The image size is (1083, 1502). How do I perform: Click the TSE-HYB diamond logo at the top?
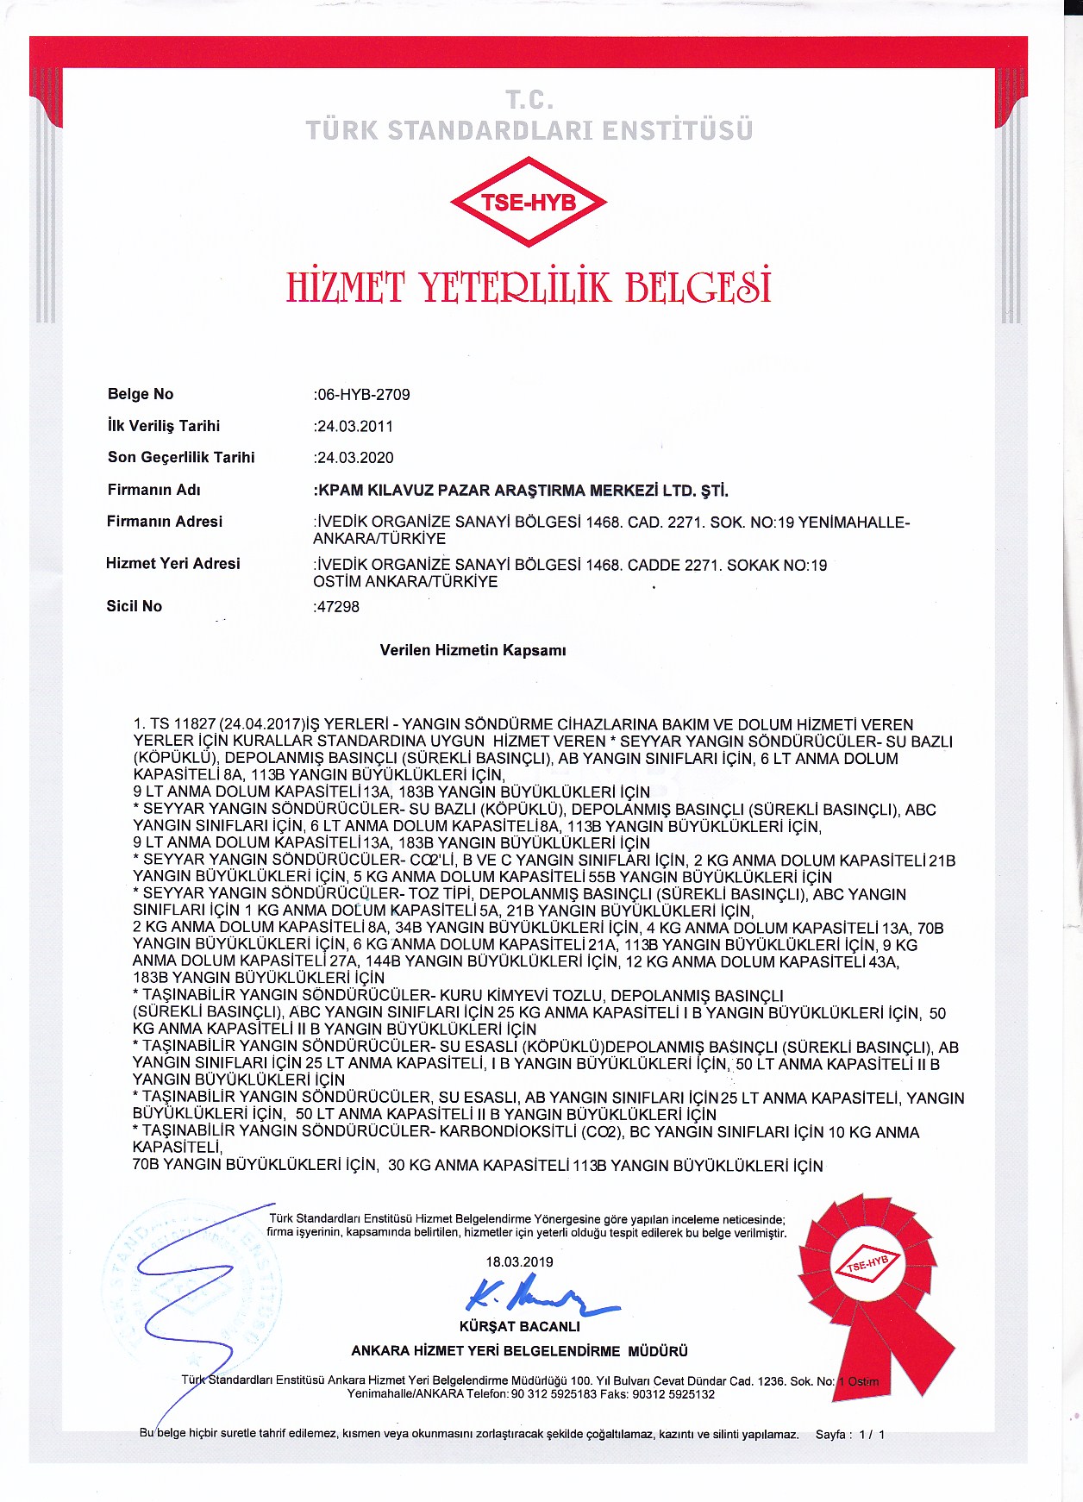[x=529, y=202]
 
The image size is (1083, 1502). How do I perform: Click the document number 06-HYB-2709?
[x=363, y=395]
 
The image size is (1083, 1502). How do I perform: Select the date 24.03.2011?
[x=355, y=426]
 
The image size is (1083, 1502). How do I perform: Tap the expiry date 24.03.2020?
[x=355, y=458]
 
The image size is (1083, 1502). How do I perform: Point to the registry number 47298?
[x=338, y=607]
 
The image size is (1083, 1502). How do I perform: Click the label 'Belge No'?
[x=141, y=394]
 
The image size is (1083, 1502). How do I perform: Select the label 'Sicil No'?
[x=134, y=606]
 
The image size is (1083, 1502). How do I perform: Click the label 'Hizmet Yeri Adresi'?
[x=172, y=564]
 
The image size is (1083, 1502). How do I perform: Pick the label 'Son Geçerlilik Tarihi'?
[x=181, y=457]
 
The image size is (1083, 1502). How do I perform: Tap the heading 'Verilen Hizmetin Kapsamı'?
[x=473, y=650]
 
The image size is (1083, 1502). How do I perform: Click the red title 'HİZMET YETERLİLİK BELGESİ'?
[x=529, y=287]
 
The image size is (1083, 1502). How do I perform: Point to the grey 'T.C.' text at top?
[x=529, y=100]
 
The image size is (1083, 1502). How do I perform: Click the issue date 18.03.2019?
[x=519, y=1261]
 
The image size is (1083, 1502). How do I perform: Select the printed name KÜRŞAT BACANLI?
[x=519, y=1326]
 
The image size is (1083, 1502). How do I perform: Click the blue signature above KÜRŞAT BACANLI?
[x=535, y=1299]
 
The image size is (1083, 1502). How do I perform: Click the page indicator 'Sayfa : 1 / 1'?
[x=849, y=1435]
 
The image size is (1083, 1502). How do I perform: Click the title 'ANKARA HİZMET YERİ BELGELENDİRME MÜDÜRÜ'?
[x=519, y=1351]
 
